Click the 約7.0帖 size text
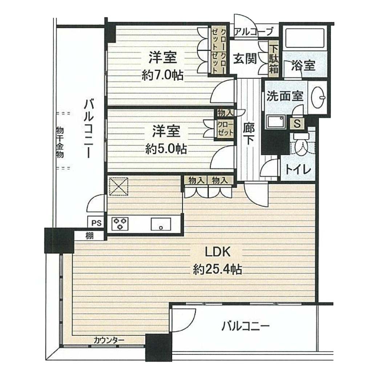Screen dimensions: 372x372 [x=162, y=76]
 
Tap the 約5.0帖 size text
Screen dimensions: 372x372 [x=166, y=149]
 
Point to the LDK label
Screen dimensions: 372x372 [x=218, y=252]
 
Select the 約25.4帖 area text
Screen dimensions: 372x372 [x=218, y=270]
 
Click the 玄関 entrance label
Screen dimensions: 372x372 [x=245, y=58]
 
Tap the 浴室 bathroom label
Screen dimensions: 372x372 [x=303, y=65]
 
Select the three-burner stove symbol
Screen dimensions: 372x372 [x=120, y=224]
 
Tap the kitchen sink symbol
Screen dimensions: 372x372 [x=161, y=224]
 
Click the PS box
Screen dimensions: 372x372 [x=96, y=223]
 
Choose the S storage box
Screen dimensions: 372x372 [x=297, y=124]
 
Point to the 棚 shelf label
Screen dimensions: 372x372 [x=89, y=236]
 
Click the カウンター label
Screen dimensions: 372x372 [x=109, y=340]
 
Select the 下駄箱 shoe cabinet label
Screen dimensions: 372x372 [x=274, y=59]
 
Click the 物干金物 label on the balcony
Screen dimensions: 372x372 [x=60, y=142]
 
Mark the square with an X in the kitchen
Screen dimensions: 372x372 [x=118, y=186]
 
